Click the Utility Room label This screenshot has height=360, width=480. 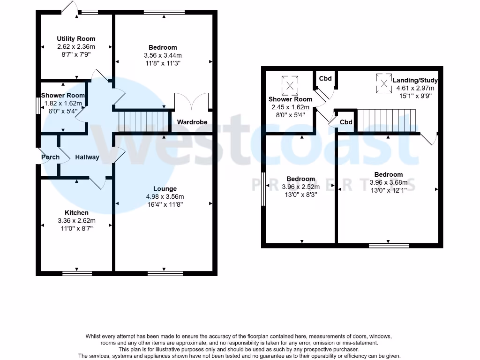click(x=76, y=38)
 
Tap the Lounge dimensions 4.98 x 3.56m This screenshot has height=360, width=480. click(x=165, y=196)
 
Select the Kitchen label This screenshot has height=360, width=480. click(x=76, y=213)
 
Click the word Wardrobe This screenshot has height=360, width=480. click(x=192, y=122)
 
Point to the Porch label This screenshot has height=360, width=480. click(x=50, y=157)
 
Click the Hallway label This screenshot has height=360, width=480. click(x=87, y=157)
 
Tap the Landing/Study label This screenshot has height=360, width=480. click(x=415, y=80)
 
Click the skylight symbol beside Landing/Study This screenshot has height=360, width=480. click(x=384, y=83)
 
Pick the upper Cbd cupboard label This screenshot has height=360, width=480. click(x=325, y=78)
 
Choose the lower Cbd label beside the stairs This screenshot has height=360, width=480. click(x=346, y=122)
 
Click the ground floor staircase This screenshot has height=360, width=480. click(x=142, y=121)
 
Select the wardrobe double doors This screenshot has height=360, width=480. click(x=191, y=102)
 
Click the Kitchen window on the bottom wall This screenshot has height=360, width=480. click(x=77, y=272)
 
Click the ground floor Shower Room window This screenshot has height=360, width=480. click(x=37, y=105)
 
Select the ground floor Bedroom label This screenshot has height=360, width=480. click(x=163, y=47)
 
